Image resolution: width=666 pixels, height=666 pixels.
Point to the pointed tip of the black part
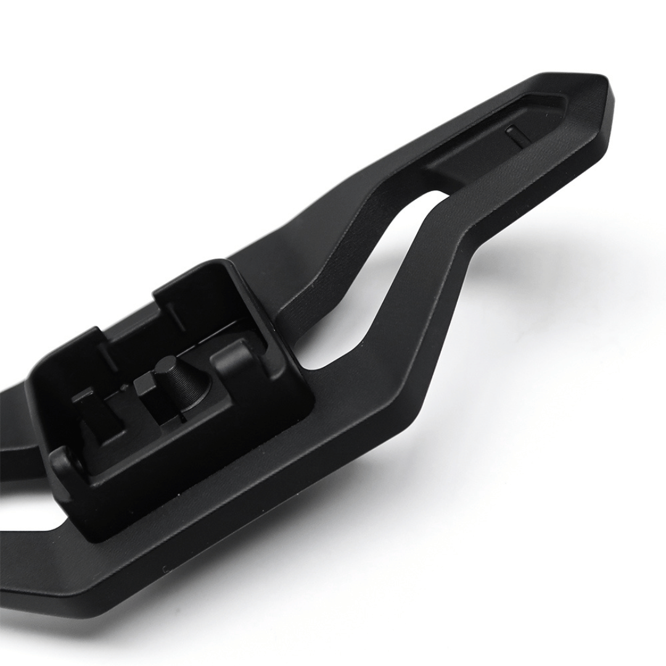607,83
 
